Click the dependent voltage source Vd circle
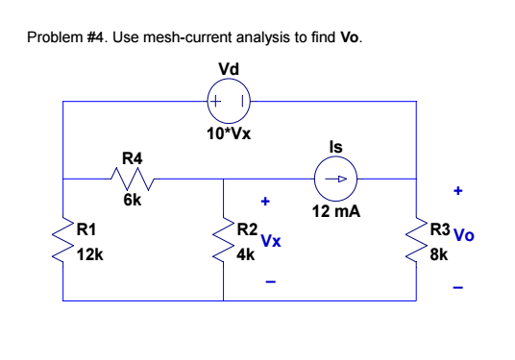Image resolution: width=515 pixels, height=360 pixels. (229, 100)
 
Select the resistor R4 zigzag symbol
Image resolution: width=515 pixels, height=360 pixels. (132, 178)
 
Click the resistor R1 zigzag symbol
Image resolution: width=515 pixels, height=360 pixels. (63, 241)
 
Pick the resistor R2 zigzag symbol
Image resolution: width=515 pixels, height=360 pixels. (224, 241)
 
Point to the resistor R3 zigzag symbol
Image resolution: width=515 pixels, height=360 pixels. (416, 241)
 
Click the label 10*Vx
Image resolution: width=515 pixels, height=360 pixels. (229, 132)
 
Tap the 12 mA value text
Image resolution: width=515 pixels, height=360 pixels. (335, 210)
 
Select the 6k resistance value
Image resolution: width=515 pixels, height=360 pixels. (133, 201)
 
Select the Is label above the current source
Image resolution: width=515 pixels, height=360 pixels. (335, 147)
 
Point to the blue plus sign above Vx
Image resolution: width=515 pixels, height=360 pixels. (267, 203)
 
